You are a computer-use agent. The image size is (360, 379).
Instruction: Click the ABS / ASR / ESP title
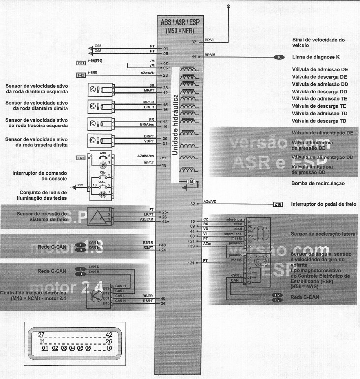point(180,22)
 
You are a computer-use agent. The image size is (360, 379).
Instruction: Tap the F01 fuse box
point(81,63)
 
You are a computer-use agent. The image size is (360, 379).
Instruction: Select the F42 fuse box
point(81,75)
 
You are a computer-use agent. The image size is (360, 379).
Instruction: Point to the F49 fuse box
point(81,158)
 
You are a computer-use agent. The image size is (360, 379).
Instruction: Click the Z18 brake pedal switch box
point(278,204)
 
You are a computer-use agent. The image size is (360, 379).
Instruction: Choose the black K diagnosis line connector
point(279,57)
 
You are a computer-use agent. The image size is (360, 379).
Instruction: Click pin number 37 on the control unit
point(194,42)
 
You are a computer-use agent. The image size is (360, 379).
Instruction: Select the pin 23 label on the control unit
point(166,75)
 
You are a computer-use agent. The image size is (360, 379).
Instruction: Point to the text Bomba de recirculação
point(317,183)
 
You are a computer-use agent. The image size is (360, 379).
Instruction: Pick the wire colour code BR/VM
point(210,55)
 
